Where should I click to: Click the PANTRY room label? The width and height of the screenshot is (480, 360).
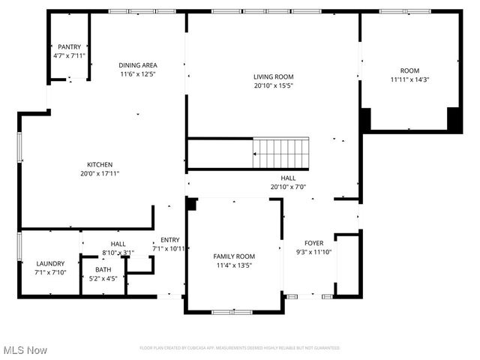click(69, 46)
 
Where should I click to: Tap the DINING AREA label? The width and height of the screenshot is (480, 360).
click(139, 64)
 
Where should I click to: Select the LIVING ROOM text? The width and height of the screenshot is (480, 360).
click(273, 76)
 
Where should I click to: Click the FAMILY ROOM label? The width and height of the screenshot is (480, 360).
click(234, 256)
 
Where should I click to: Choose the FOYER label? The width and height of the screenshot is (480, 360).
click(313, 243)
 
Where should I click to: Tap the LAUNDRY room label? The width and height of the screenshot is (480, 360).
click(51, 263)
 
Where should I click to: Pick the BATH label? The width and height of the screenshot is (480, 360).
click(103, 270)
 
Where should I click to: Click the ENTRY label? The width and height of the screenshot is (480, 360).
click(169, 240)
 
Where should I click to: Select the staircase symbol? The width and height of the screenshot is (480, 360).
click(281, 153)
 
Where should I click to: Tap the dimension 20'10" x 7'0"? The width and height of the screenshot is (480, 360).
click(288, 187)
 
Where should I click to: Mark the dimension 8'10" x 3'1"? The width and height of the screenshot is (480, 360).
click(118, 252)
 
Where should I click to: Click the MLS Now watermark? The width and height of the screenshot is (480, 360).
click(25, 350)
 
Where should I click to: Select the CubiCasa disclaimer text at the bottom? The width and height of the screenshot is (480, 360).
click(239, 348)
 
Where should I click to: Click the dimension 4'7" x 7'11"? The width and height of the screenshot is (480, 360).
click(69, 55)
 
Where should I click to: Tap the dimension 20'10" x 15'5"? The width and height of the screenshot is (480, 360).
click(273, 85)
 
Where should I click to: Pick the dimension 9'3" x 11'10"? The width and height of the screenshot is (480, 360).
click(313, 252)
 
